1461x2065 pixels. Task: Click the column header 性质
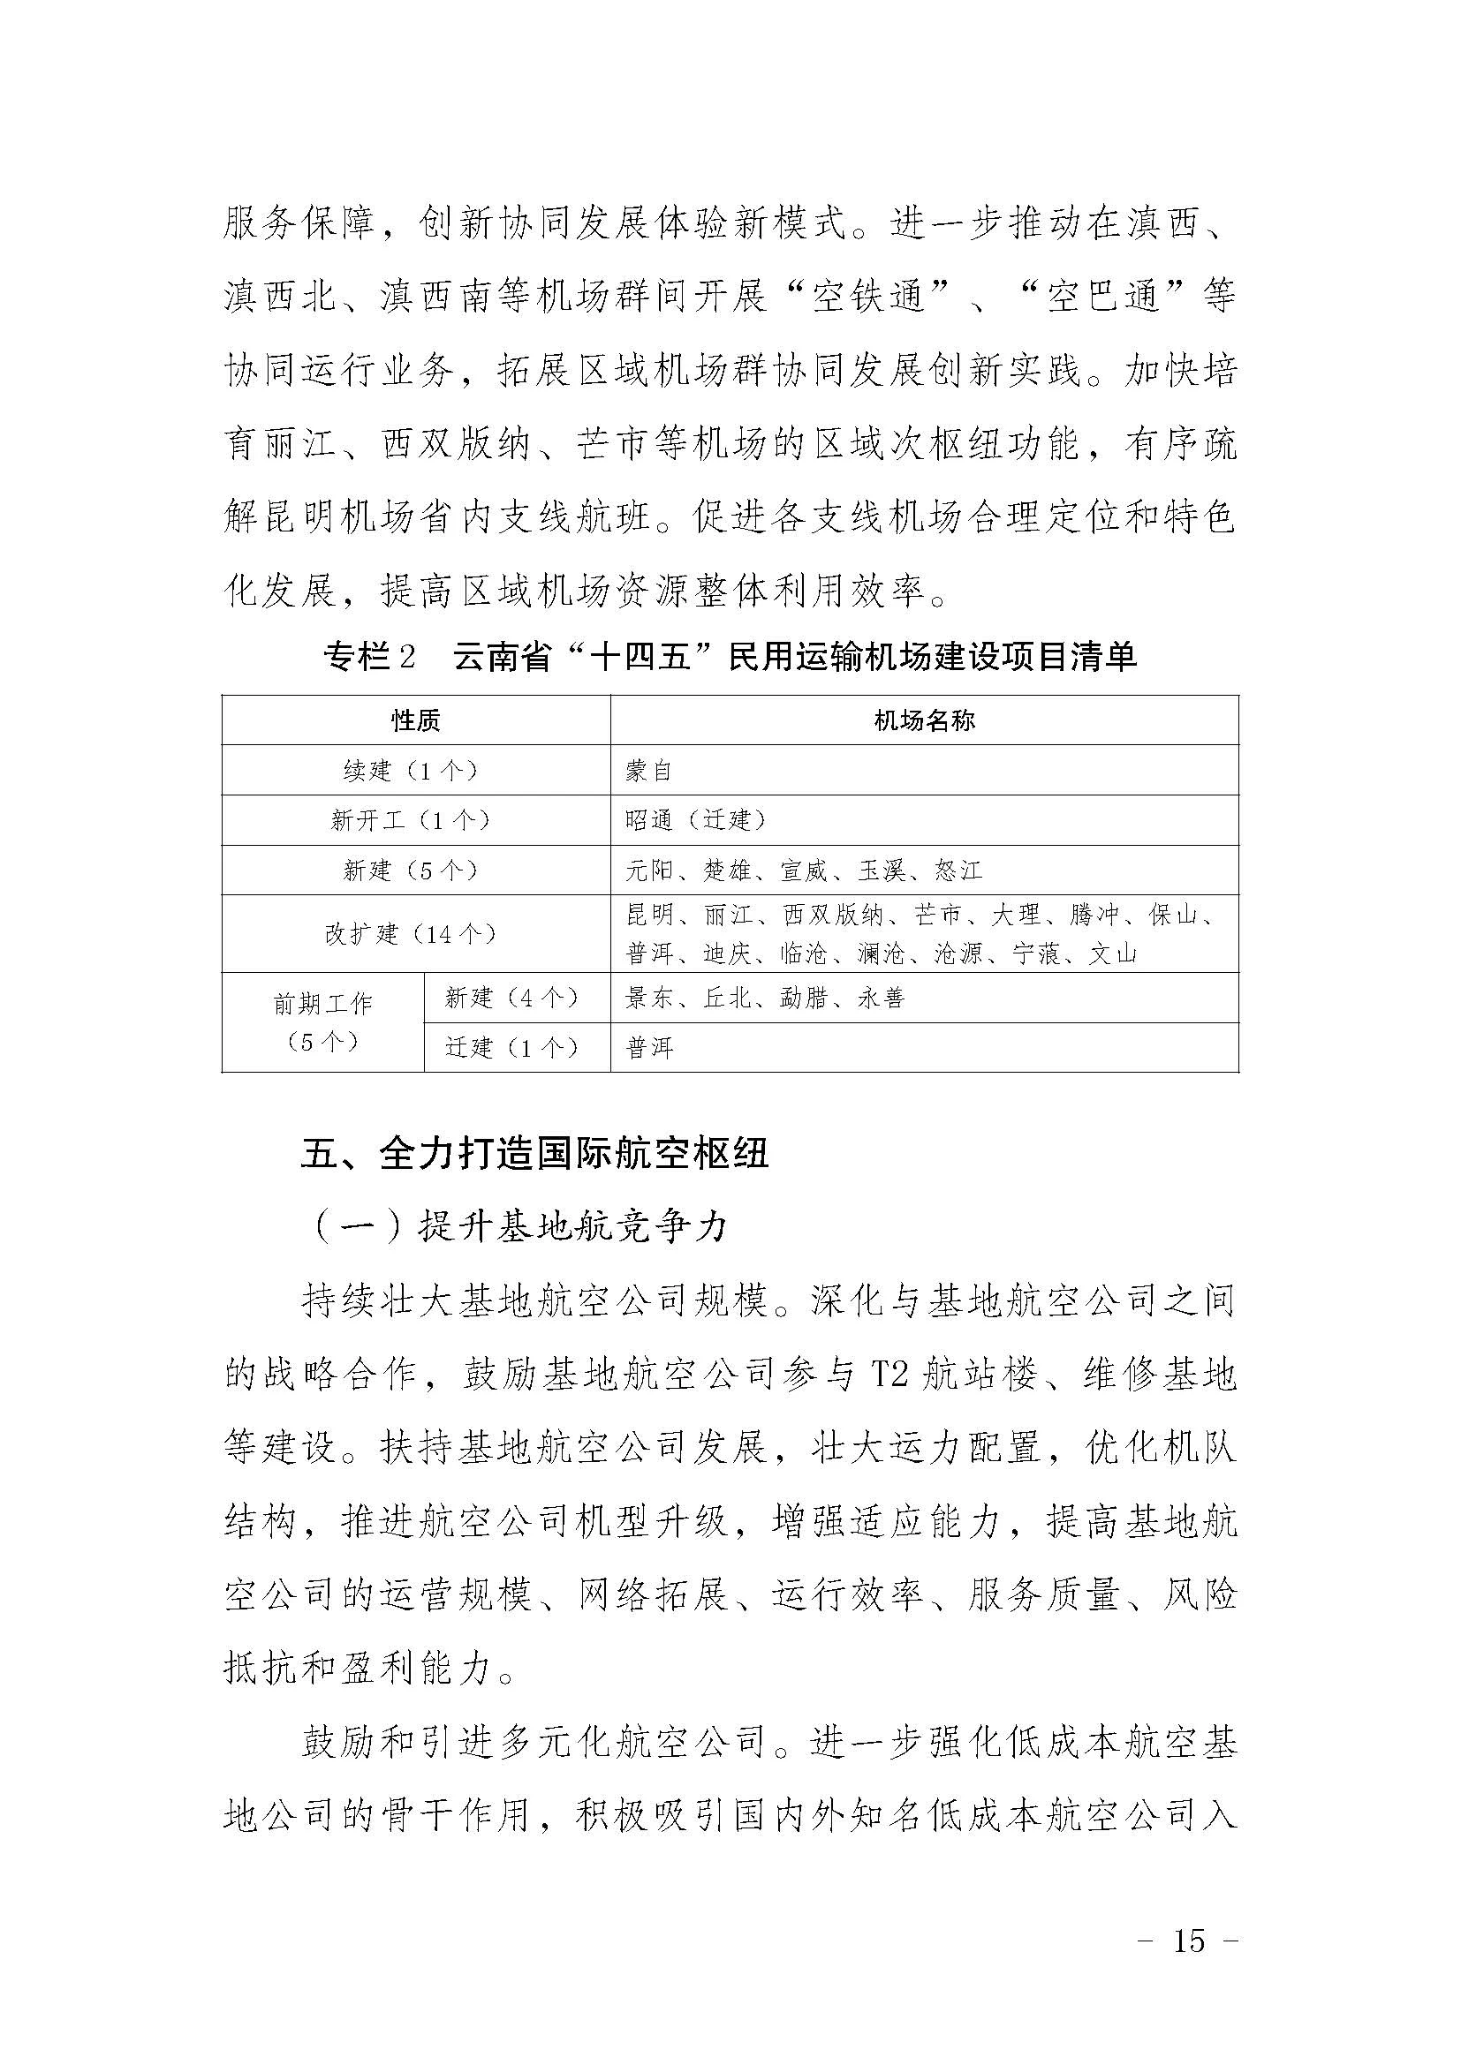[416, 720]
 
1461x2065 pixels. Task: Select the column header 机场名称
[924, 720]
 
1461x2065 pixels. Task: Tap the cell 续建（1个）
[416, 770]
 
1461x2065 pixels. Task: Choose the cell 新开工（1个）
[416, 819]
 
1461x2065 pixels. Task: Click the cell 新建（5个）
[416, 870]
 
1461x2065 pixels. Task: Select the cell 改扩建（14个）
[416, 933]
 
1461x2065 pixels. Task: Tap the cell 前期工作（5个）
[322, 1021]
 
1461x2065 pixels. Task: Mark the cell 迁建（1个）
[517, 1047]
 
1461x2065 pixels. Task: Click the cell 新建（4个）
[517, 997]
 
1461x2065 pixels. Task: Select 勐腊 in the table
[805, 997]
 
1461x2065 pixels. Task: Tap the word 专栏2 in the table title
[370, 658]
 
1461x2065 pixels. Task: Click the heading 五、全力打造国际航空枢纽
[534, 1154]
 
